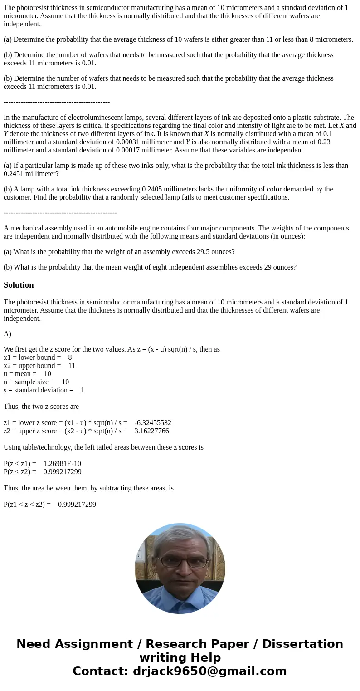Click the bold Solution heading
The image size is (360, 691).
pos(19,285)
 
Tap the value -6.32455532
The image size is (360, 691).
pos(153,423)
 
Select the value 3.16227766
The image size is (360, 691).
pos(151,431)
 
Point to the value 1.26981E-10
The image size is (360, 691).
pos(62,464)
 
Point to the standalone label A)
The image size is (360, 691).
pos(7,334)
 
